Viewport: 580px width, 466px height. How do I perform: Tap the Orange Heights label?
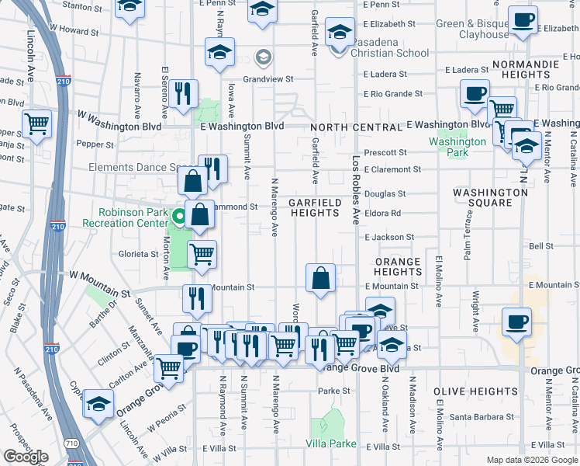click(398, 266)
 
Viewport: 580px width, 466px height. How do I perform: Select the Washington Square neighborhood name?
click(491, 197)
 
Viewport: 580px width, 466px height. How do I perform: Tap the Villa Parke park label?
click(331, 443)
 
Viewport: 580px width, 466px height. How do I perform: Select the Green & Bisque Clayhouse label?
click(473, 29)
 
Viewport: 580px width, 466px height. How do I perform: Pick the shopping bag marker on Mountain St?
click(320, 277)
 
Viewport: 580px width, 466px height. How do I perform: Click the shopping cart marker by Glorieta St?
click(202, 253)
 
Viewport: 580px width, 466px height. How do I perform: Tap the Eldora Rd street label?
click(385, 213)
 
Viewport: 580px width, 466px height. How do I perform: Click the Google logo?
click(26, 456)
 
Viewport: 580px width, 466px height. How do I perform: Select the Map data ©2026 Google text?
click(531, 460)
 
